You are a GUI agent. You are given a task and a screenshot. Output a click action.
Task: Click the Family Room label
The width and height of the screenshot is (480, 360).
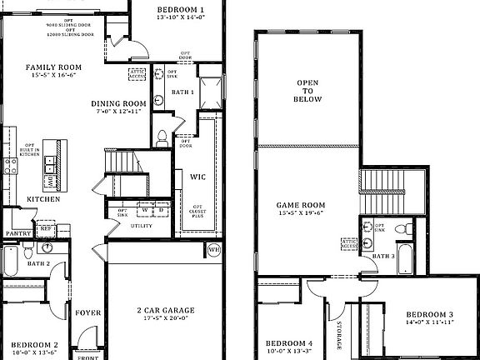(52, 67)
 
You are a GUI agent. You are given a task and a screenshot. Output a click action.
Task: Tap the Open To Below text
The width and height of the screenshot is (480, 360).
(307, 91)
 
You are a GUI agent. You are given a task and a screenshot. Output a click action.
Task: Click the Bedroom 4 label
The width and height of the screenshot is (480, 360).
(289, 342)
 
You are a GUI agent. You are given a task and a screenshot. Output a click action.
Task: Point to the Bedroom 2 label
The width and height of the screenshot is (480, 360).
(32, 344)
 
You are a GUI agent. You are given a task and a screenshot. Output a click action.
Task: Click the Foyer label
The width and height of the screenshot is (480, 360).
(88, 312)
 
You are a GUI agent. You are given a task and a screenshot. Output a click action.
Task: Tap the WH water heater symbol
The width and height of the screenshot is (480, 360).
(213, 248)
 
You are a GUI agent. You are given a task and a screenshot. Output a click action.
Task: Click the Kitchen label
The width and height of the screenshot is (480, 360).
(42, 199)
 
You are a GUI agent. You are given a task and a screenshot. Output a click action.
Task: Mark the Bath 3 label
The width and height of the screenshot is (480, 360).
(383, 256)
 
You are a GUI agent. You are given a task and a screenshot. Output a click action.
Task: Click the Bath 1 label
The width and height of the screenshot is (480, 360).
(182, 92)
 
